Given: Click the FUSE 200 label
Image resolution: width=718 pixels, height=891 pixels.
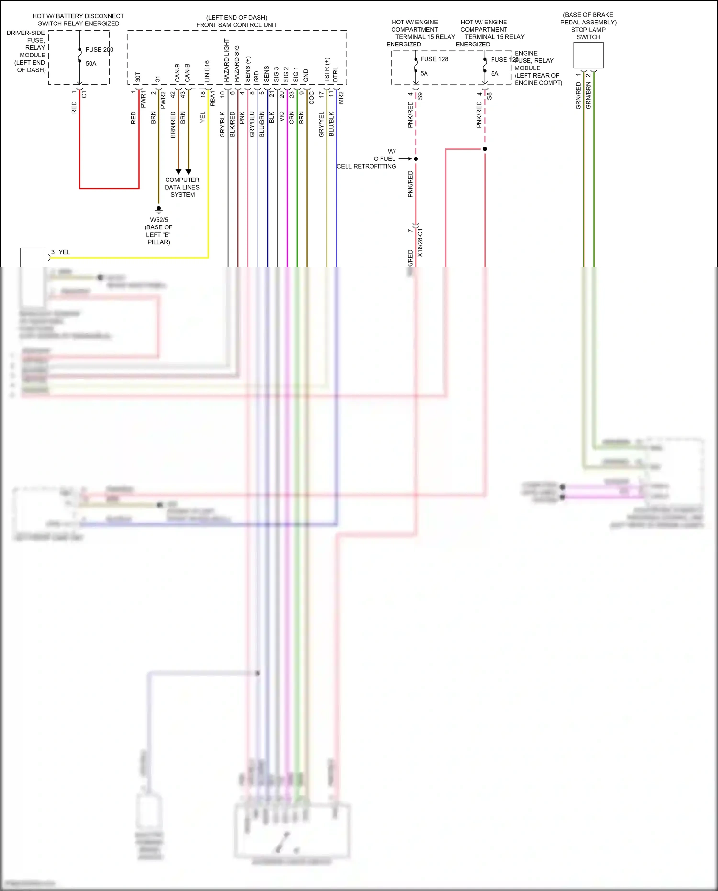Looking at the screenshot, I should pos(99,50).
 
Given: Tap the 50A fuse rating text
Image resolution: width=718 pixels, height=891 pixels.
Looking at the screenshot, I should pos(91,64).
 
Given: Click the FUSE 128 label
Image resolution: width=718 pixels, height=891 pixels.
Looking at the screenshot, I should pos(434,59).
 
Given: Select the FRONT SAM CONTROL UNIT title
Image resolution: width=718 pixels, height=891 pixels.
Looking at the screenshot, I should pos(236,25).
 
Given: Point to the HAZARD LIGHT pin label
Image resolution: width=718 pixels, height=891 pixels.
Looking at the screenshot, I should pos(227,60).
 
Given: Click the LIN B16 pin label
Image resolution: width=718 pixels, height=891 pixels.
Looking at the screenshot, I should pos(207,71).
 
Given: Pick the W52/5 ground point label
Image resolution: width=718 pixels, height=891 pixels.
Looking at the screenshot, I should pos(159,220).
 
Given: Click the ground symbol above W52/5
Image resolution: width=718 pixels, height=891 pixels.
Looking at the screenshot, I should pos(159,209).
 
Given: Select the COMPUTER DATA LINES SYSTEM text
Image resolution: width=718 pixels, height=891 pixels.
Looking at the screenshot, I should pos(182,187).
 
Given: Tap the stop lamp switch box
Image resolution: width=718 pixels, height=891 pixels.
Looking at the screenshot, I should pos(588,55).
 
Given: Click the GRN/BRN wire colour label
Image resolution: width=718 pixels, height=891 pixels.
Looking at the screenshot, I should pos(589,96).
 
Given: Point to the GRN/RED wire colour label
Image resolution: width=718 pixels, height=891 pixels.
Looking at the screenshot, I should pos(578,96).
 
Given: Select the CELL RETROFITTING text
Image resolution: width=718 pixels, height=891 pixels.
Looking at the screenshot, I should pos(366,166).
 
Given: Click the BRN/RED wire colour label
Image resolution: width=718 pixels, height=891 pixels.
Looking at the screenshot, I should pos(173,125).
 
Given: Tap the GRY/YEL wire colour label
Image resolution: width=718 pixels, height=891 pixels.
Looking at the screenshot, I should pos(322,124).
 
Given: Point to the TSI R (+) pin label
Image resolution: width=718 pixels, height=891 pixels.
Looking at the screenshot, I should pos(327,70).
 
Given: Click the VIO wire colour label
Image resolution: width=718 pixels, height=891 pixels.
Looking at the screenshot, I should pos(282,116).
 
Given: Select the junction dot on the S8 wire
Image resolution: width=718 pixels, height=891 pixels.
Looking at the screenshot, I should pos(485,149).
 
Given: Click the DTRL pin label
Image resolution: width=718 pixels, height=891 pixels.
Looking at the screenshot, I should pos(336,75).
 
